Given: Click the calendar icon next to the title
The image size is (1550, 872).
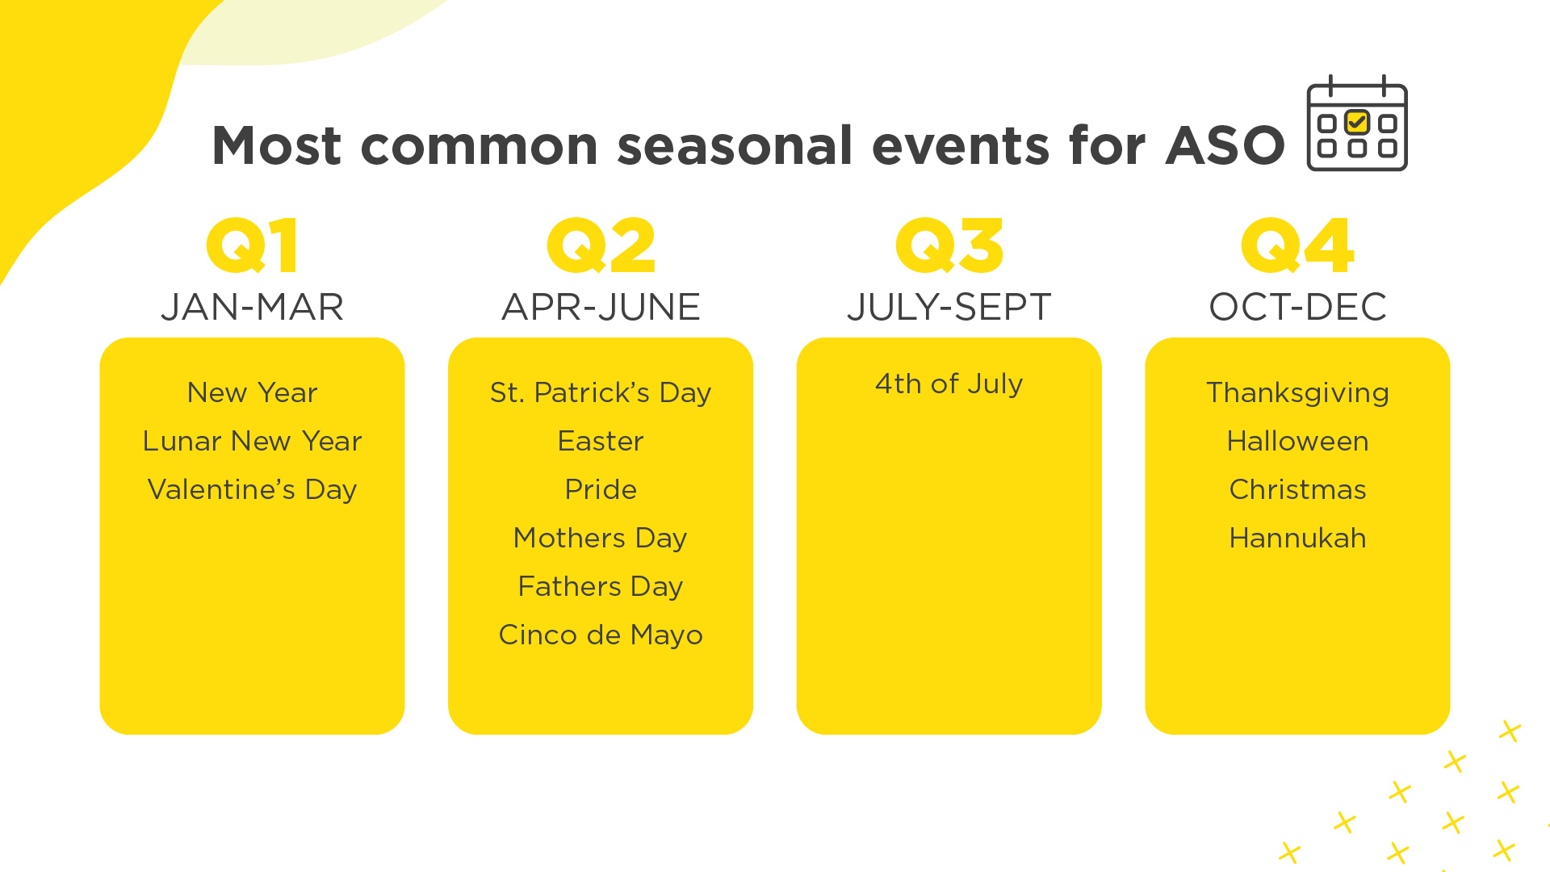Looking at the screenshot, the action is pos(1357,123).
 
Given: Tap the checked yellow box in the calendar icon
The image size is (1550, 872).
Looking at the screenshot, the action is pos(1357,123).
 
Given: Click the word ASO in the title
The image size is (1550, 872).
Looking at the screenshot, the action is pos(1225,146).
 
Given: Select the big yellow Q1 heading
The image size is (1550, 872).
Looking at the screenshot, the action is pos(252,245).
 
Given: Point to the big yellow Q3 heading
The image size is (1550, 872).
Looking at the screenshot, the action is pos(949,245).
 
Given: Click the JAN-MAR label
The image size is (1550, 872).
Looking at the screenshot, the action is pos(252,308).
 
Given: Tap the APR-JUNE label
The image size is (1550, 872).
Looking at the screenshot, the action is pos(601,308).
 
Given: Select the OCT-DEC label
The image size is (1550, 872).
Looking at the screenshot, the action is pos(1297,308).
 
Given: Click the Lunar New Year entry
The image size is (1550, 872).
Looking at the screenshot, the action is pos(252,441).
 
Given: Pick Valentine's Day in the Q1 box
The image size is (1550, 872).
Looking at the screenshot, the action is pos(252,490).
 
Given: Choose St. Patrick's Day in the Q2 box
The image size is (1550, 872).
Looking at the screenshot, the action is pos(601,393).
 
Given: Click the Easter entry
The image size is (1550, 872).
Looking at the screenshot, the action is pos(601,441).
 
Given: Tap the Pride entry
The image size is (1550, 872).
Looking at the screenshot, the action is pos(601,489).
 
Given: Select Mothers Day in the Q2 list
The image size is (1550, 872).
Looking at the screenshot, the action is pos(601,539).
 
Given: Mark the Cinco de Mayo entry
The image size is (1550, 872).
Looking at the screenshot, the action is pos(601,635).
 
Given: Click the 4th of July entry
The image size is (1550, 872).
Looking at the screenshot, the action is pos(949,384).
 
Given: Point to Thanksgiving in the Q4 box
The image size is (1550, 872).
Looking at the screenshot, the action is pos(1297,393).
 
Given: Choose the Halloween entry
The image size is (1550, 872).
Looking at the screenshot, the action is pos(1297,441).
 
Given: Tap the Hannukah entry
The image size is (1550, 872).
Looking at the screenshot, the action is pos(1297,538).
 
